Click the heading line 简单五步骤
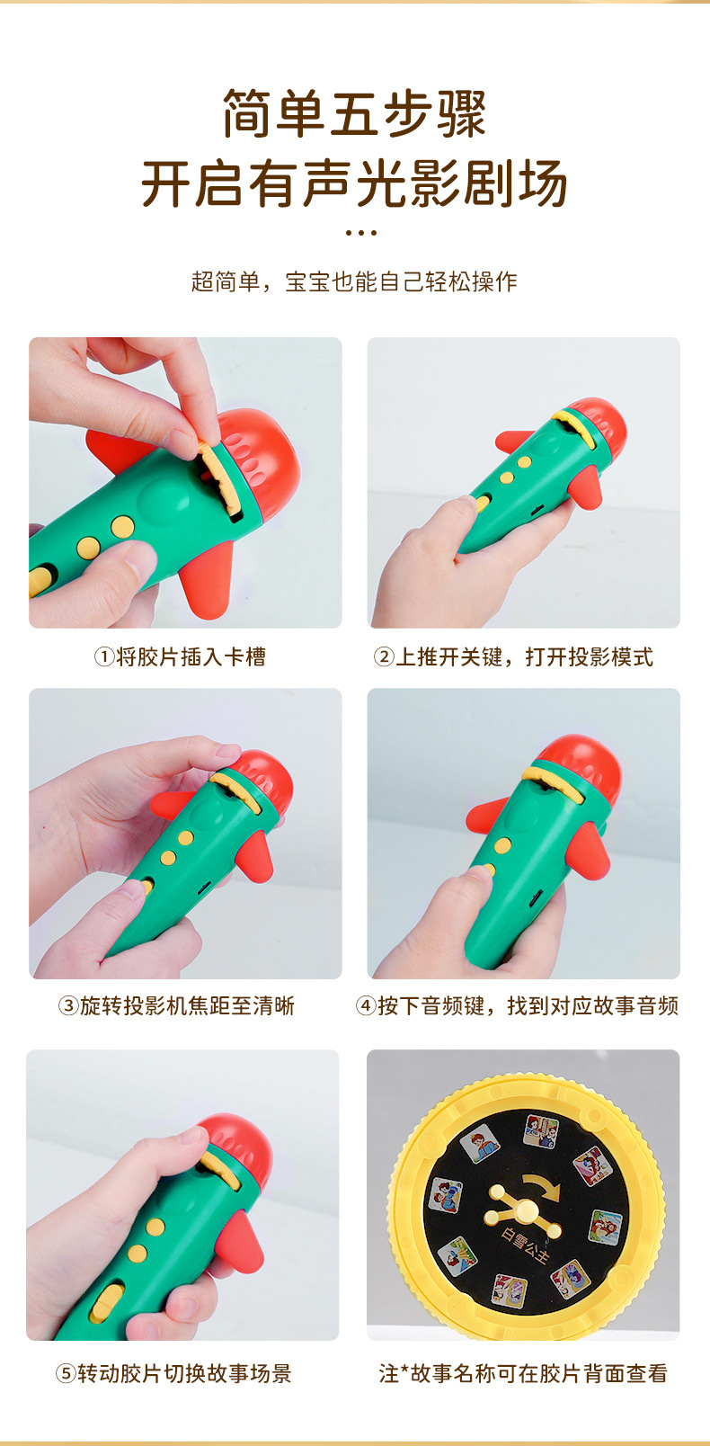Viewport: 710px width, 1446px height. click(x=354, y=114)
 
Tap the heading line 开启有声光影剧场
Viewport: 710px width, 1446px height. click(x=354, y=183)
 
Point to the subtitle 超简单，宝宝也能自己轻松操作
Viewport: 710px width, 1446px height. click(x=354, y=281)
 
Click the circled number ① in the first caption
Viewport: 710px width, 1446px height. click(x=104, y=657)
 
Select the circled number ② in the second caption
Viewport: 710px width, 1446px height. click(x=384, y=657)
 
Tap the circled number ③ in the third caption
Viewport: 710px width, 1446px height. click(x=68, y=1005)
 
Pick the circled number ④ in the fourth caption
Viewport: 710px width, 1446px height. click(x=366, y=1005)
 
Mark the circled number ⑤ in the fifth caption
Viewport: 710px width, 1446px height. click(x=66, y=1374)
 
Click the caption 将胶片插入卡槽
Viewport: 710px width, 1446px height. click(x=191, y=657)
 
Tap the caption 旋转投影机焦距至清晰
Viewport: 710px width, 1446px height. click(x=187, y=1005)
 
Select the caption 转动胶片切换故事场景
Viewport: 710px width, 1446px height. click(x=184, y=1374)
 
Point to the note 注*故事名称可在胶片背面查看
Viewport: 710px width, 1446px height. click(x=523, y=1374)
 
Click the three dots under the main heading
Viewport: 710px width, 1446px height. click(x=360, y=232)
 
